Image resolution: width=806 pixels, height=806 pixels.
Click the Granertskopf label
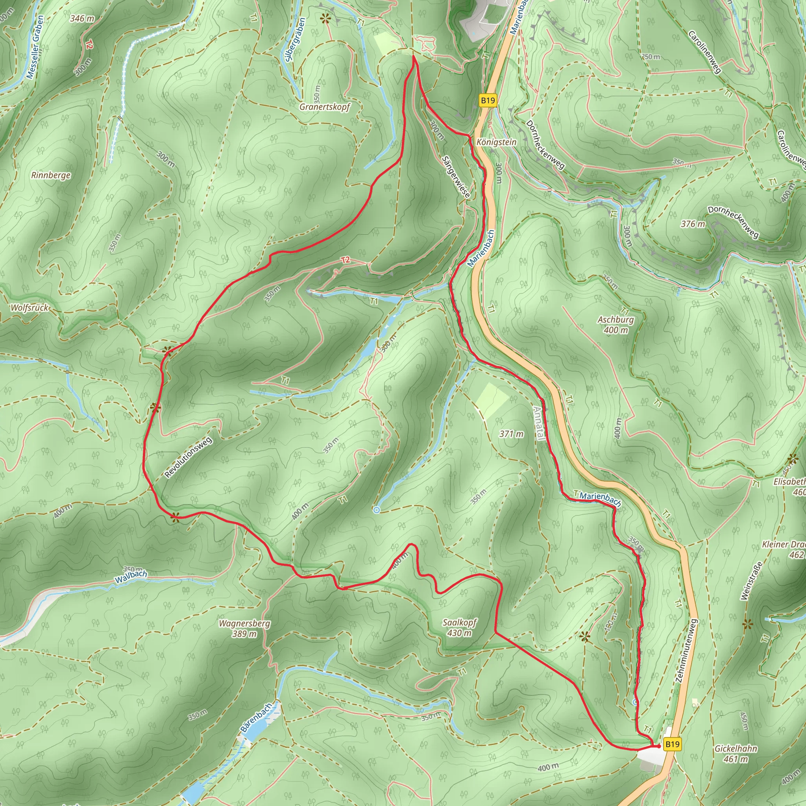click(x=325, y=107)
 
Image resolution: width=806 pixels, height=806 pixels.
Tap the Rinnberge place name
click(x=51, y=175)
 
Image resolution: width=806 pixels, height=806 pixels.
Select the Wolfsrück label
click(x=30, y=308)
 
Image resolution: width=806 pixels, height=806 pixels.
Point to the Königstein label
click(x=496, y=142)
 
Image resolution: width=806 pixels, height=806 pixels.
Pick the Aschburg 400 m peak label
click(x=616, y=325)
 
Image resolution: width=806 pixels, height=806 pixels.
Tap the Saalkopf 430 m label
click(x=459, y=627)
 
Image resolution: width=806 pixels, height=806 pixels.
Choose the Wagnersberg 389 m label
click(x=244, y=628)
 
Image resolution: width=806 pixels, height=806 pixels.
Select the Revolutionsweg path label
click(x=189, y=457)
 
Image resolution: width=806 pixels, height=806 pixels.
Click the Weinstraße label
click(x=751, y=581)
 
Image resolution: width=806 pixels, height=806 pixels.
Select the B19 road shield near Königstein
click(x=488, y=100)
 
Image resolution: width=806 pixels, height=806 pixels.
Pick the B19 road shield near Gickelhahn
click(x=672, y=744)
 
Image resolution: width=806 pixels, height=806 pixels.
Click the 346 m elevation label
click(x=82, y=18)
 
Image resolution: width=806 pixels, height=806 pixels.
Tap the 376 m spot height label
click(x=693, y=224)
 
